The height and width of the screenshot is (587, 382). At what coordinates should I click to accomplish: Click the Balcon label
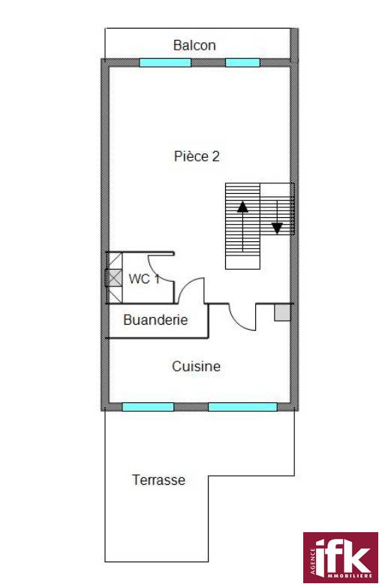pos(194,45)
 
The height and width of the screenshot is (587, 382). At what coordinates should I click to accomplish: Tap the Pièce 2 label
pos(197,156)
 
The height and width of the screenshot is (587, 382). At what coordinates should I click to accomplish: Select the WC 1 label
pos(144,279)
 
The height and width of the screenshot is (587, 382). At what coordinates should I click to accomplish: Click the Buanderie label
pos(155,319)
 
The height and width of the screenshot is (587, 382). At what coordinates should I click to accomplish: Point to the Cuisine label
pos(196,366)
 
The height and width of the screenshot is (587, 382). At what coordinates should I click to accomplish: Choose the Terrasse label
pos(159,480)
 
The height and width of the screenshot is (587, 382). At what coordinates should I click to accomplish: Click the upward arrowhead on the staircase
pos(242,207)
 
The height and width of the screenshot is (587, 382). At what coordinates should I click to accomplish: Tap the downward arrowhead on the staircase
pos(277,228)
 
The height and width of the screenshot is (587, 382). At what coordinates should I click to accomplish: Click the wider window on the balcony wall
pos(165,62)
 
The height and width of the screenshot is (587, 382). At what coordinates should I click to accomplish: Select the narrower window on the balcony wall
pos(242,62)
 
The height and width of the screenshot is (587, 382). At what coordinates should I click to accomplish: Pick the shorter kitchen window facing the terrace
pos(148,407)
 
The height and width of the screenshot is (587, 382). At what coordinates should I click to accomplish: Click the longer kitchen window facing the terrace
pos(242,407)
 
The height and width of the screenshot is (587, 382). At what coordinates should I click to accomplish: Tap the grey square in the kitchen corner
pos(283,313)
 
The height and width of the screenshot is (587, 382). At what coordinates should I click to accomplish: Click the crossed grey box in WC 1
pos(114,278)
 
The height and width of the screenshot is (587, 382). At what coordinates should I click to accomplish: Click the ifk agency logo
pos(341,558)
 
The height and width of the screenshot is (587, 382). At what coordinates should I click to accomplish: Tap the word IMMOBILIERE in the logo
pos(350,576)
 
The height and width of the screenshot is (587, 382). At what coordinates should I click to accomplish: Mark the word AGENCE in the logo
pos(312,562)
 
